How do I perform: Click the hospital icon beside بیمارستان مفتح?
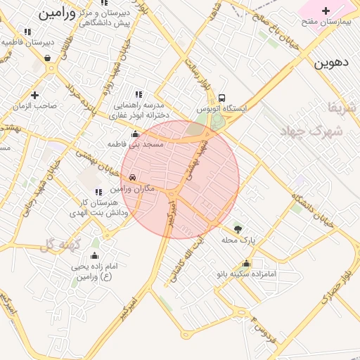point(326,11)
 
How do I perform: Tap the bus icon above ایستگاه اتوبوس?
point(222,98)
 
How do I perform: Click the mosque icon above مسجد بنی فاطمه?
point(135,134)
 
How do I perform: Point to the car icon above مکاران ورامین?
point(133,178)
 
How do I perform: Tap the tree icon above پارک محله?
point(238,229)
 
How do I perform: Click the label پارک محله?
point(239,240)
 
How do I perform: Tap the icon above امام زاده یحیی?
point(95,256)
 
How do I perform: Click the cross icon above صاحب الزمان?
point(34,94)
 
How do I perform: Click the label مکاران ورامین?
point(130,190)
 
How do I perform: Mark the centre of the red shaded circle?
point(180,179)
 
